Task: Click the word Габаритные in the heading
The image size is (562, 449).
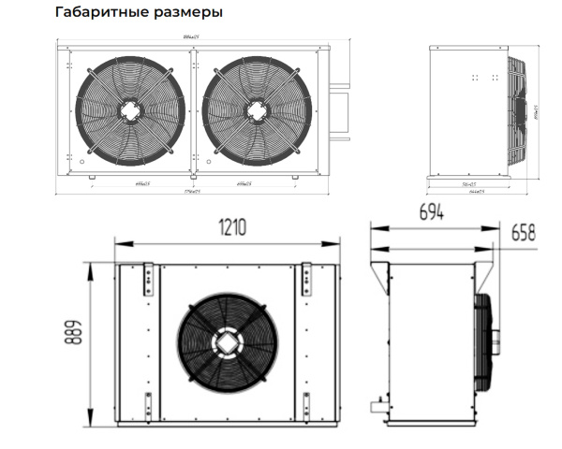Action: pyautogui.click(x=95, y=13)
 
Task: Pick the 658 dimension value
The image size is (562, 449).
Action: pyautogui.click(x=523, y=234)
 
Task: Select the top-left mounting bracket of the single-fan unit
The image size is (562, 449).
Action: pyautogui.click(x=146, y=281)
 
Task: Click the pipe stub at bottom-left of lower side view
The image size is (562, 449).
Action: pyautogui.click(x=377, y=407)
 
